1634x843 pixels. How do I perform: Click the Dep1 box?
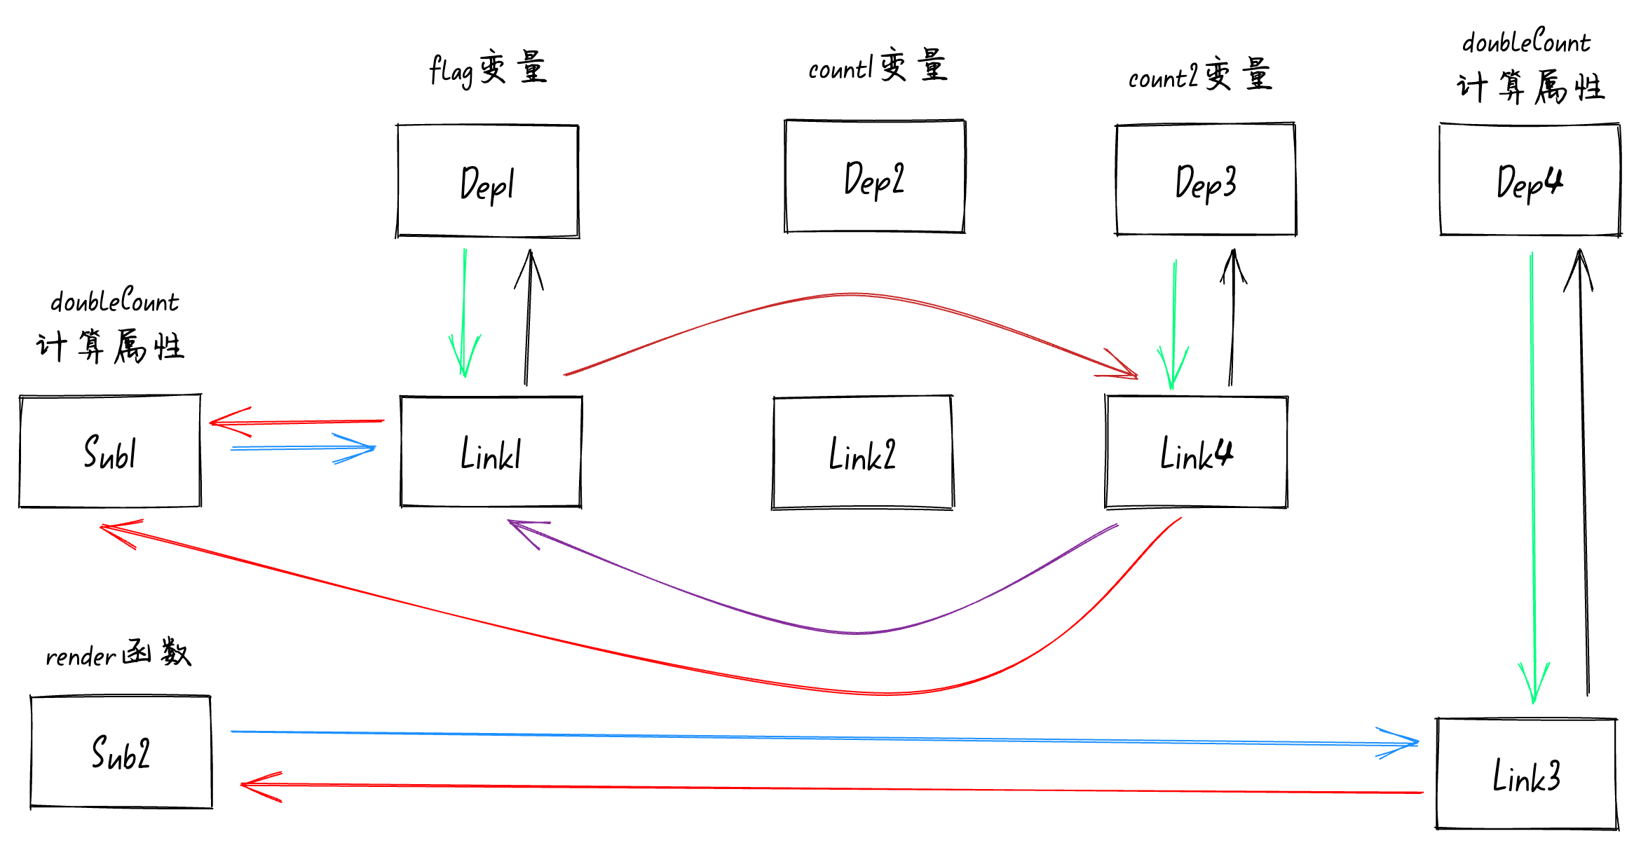[487, 181]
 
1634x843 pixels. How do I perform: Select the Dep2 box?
[874, 177]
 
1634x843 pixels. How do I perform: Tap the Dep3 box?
[1205, 180]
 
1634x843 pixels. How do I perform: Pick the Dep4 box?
[1530, 180]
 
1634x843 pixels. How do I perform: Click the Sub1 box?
[110, 451]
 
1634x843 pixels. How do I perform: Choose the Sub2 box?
[121, 752]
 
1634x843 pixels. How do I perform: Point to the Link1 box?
[491, 451]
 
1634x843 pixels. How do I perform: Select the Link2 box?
[862, 453]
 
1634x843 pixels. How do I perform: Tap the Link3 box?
[1526, 774]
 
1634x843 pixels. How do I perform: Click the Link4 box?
[1196, 452]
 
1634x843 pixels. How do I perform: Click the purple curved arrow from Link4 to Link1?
[855, 632]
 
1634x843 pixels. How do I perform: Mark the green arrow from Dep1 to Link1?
[463, 308]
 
